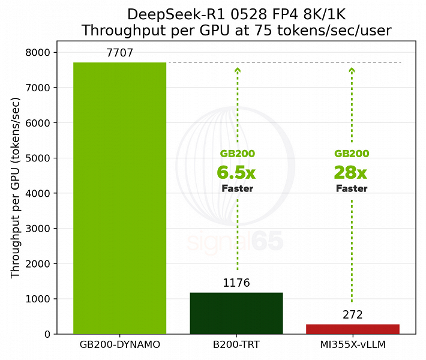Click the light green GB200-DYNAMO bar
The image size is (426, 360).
click(119, 198)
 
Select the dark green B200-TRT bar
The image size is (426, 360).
click(236, 313)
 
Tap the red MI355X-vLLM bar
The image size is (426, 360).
click(352, 329)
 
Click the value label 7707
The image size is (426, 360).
click(119, 53)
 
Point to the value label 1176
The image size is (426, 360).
click(236, 283)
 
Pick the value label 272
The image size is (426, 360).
click(352, 315)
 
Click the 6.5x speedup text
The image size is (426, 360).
click(236, 173)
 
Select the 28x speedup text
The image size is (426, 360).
click(350, 173)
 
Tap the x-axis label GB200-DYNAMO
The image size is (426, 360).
click(119, 346)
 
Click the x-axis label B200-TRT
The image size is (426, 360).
click(236, 346)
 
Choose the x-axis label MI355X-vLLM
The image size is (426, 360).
click(352, 346)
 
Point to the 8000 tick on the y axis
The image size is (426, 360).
click(39, 53)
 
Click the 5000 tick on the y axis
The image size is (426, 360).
click(39, 158)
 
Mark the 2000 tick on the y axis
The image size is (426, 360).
click(39, 264)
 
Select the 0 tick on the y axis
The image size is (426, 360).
click(48, 334)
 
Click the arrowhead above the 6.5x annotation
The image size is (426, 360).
click(238, 70)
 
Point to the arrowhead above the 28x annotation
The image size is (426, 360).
click(352, 70)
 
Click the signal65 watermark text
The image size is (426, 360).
click(235, 241)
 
